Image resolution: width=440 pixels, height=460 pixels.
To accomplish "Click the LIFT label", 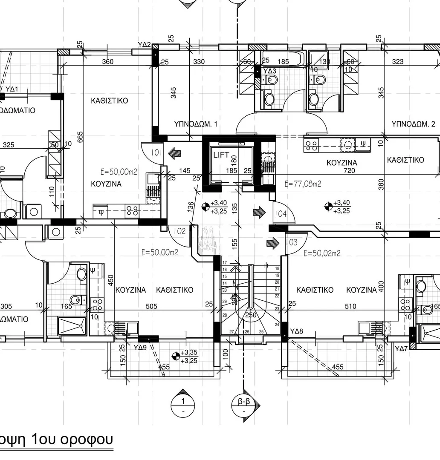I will click(x=221, y=155).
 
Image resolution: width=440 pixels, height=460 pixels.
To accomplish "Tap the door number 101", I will click(x=156, y=152).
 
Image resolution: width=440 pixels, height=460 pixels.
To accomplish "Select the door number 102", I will click(x=179, y=231).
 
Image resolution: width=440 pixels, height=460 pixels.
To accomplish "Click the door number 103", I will click(x=292, y=242).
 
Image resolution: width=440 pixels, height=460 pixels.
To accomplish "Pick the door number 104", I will click(x=280, y=214).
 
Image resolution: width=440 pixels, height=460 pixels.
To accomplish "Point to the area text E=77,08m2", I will click(x=302, y=184).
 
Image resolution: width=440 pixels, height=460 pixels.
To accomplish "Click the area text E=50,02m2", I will click(x=322, y=253).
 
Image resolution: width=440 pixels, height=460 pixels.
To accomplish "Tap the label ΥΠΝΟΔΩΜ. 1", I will click(x=196, y=124).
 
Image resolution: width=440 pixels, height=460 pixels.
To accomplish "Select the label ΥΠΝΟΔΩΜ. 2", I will click(x=413, y=124).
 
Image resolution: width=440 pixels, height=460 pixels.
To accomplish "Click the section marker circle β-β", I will click(x=244, y=405).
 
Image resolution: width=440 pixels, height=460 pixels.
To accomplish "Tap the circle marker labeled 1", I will click(x=183, y=405).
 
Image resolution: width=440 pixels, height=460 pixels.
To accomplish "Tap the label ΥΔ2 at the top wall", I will click(x=145, y=44).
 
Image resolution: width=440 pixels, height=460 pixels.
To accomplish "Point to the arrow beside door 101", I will click(x=174, y=152).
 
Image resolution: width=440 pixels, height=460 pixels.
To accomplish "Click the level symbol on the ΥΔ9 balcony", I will click(x=175, y=344).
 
